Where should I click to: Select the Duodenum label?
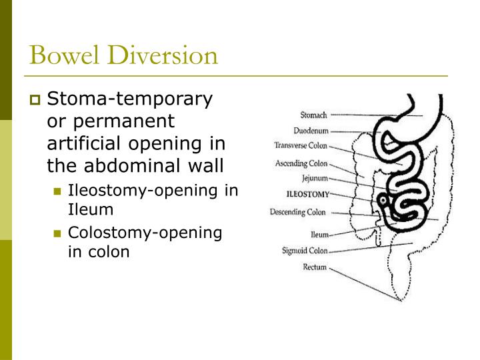(310, 131)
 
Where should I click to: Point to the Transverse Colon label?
(300, 145)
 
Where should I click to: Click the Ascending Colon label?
(301, 163)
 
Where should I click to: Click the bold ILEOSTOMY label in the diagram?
(307, 195)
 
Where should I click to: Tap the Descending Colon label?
(297, 213)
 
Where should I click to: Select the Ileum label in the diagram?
(319, 235)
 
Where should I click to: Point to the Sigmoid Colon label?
(305, 251)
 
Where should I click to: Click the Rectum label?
(315, 267)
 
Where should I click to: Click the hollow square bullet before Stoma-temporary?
(35, 101)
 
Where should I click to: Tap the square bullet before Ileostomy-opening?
(57, 191)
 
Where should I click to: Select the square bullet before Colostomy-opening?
(57, 233)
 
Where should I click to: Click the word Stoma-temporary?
(129, 99)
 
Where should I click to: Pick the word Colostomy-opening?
(145, 232)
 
